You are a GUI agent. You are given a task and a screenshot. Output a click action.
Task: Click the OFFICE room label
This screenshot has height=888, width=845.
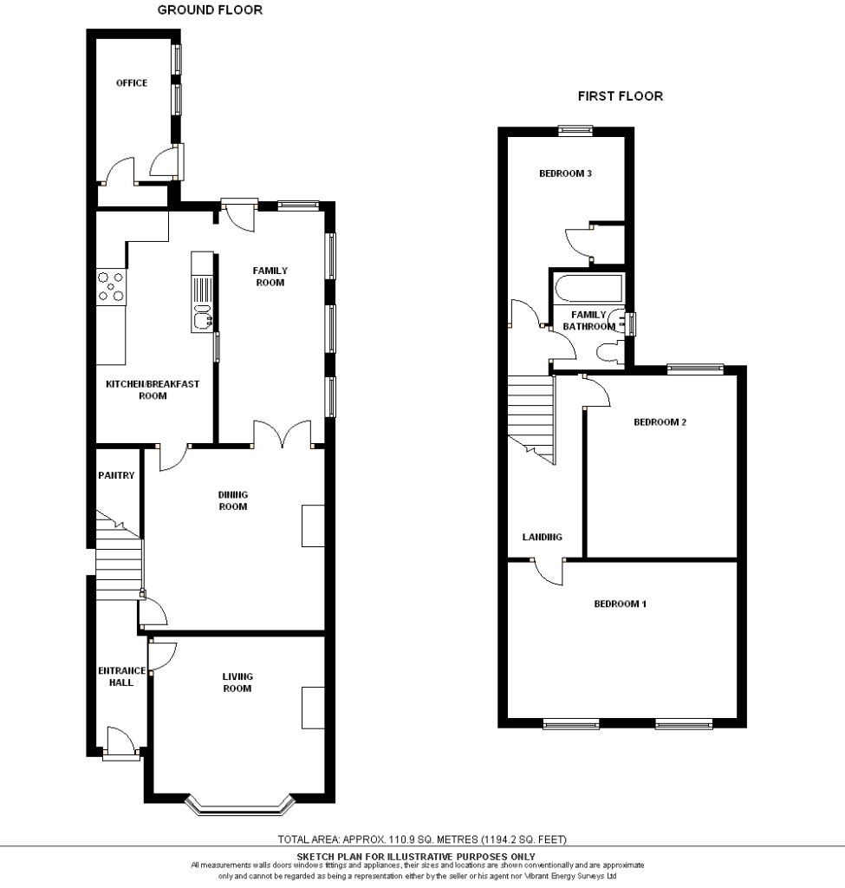[132, 82]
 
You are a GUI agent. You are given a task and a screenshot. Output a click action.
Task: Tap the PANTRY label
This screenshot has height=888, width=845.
[116, 475]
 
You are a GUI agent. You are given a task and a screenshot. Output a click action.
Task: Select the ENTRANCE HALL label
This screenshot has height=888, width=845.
[121, 676]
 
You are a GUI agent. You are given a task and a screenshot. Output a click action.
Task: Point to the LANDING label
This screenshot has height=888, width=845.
[543, 537]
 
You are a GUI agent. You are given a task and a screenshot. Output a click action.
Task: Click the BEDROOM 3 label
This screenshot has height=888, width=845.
[565, 173]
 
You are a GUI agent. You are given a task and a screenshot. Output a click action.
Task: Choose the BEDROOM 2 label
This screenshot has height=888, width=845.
[660, 422]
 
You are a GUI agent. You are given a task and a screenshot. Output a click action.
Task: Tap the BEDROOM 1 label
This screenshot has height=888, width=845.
[620, 604]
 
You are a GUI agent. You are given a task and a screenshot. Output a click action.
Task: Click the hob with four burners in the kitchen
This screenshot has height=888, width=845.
[111, 286]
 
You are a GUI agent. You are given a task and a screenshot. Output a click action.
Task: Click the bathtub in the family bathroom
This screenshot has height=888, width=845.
[588, 288]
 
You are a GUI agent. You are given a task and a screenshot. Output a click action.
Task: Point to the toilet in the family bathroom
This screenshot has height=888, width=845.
[609, 352]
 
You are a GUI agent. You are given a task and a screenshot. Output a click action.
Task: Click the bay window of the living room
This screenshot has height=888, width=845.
[241, 806]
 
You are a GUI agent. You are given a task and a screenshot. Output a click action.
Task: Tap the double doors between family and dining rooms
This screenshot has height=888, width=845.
[282, 434]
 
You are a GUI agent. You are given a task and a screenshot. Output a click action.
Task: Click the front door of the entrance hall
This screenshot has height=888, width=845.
[120, 743]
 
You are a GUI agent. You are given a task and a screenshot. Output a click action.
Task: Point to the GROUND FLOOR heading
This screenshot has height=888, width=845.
[210, 10]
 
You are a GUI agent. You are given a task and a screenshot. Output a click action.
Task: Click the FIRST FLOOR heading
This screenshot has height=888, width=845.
[621, 96]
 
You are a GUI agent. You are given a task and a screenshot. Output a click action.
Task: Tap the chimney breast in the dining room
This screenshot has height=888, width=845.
[313, 526]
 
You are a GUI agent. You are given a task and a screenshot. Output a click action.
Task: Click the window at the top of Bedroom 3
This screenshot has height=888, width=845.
[575, 131]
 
